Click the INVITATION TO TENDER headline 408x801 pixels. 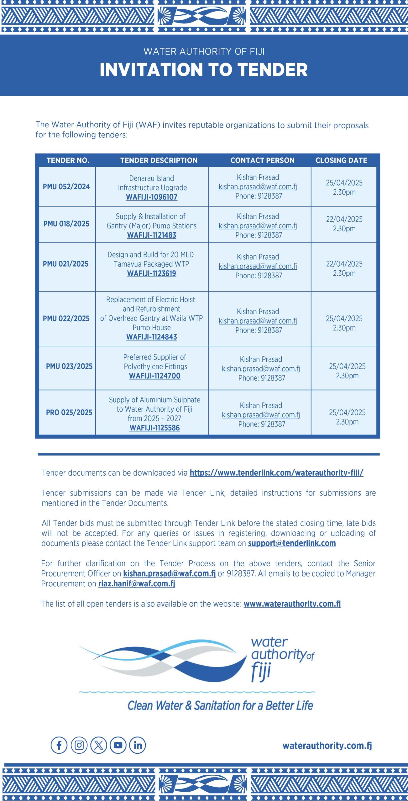click(x=204, y=69)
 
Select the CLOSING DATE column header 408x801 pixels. click(x=341, y=160)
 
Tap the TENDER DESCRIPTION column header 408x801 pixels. click(x=159, y=160)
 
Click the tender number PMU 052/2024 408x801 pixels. click(x=66, y=186)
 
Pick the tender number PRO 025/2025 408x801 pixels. click(x=69, y=412)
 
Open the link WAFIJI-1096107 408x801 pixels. click(x=152, y=197)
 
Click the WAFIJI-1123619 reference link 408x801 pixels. click(x=152, y=273)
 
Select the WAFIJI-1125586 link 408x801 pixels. click(x=154, y=428)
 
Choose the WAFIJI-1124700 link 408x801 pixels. click(x=154, y=376)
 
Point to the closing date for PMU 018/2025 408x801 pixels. click(x=344, y=224)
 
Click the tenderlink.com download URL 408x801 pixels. click(x=276, y=472)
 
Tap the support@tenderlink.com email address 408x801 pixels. click(x=292, y=543)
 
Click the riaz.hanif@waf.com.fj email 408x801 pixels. click(x=137, y=584)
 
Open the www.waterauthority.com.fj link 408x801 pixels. click(x=292, y=604)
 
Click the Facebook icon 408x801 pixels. click(x=59, y=745)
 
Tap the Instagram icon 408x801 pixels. click(x=79, y=745)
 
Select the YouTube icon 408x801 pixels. click(x=118, y=745)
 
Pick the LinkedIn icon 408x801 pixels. click(x=138, y=745)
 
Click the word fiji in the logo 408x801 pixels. click(x=261, y=671)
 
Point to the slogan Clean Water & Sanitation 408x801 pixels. click(x=220, y=705)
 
